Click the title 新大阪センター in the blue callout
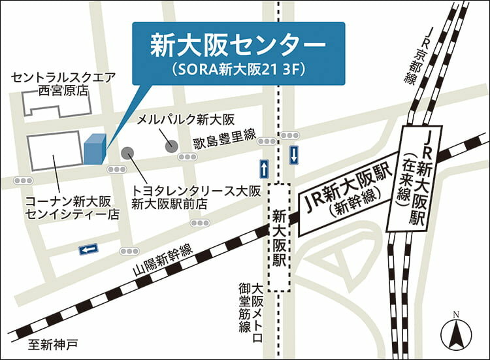point(238,45)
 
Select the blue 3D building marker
point(93,150)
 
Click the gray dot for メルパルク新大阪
point(171,146)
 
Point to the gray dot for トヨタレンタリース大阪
point(127,153)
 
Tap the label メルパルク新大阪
point(185,120)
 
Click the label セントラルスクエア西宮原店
point(63,84)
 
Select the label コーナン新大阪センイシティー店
point(69,206)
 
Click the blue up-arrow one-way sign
point(264,169)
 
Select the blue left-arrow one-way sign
point(88,249)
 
